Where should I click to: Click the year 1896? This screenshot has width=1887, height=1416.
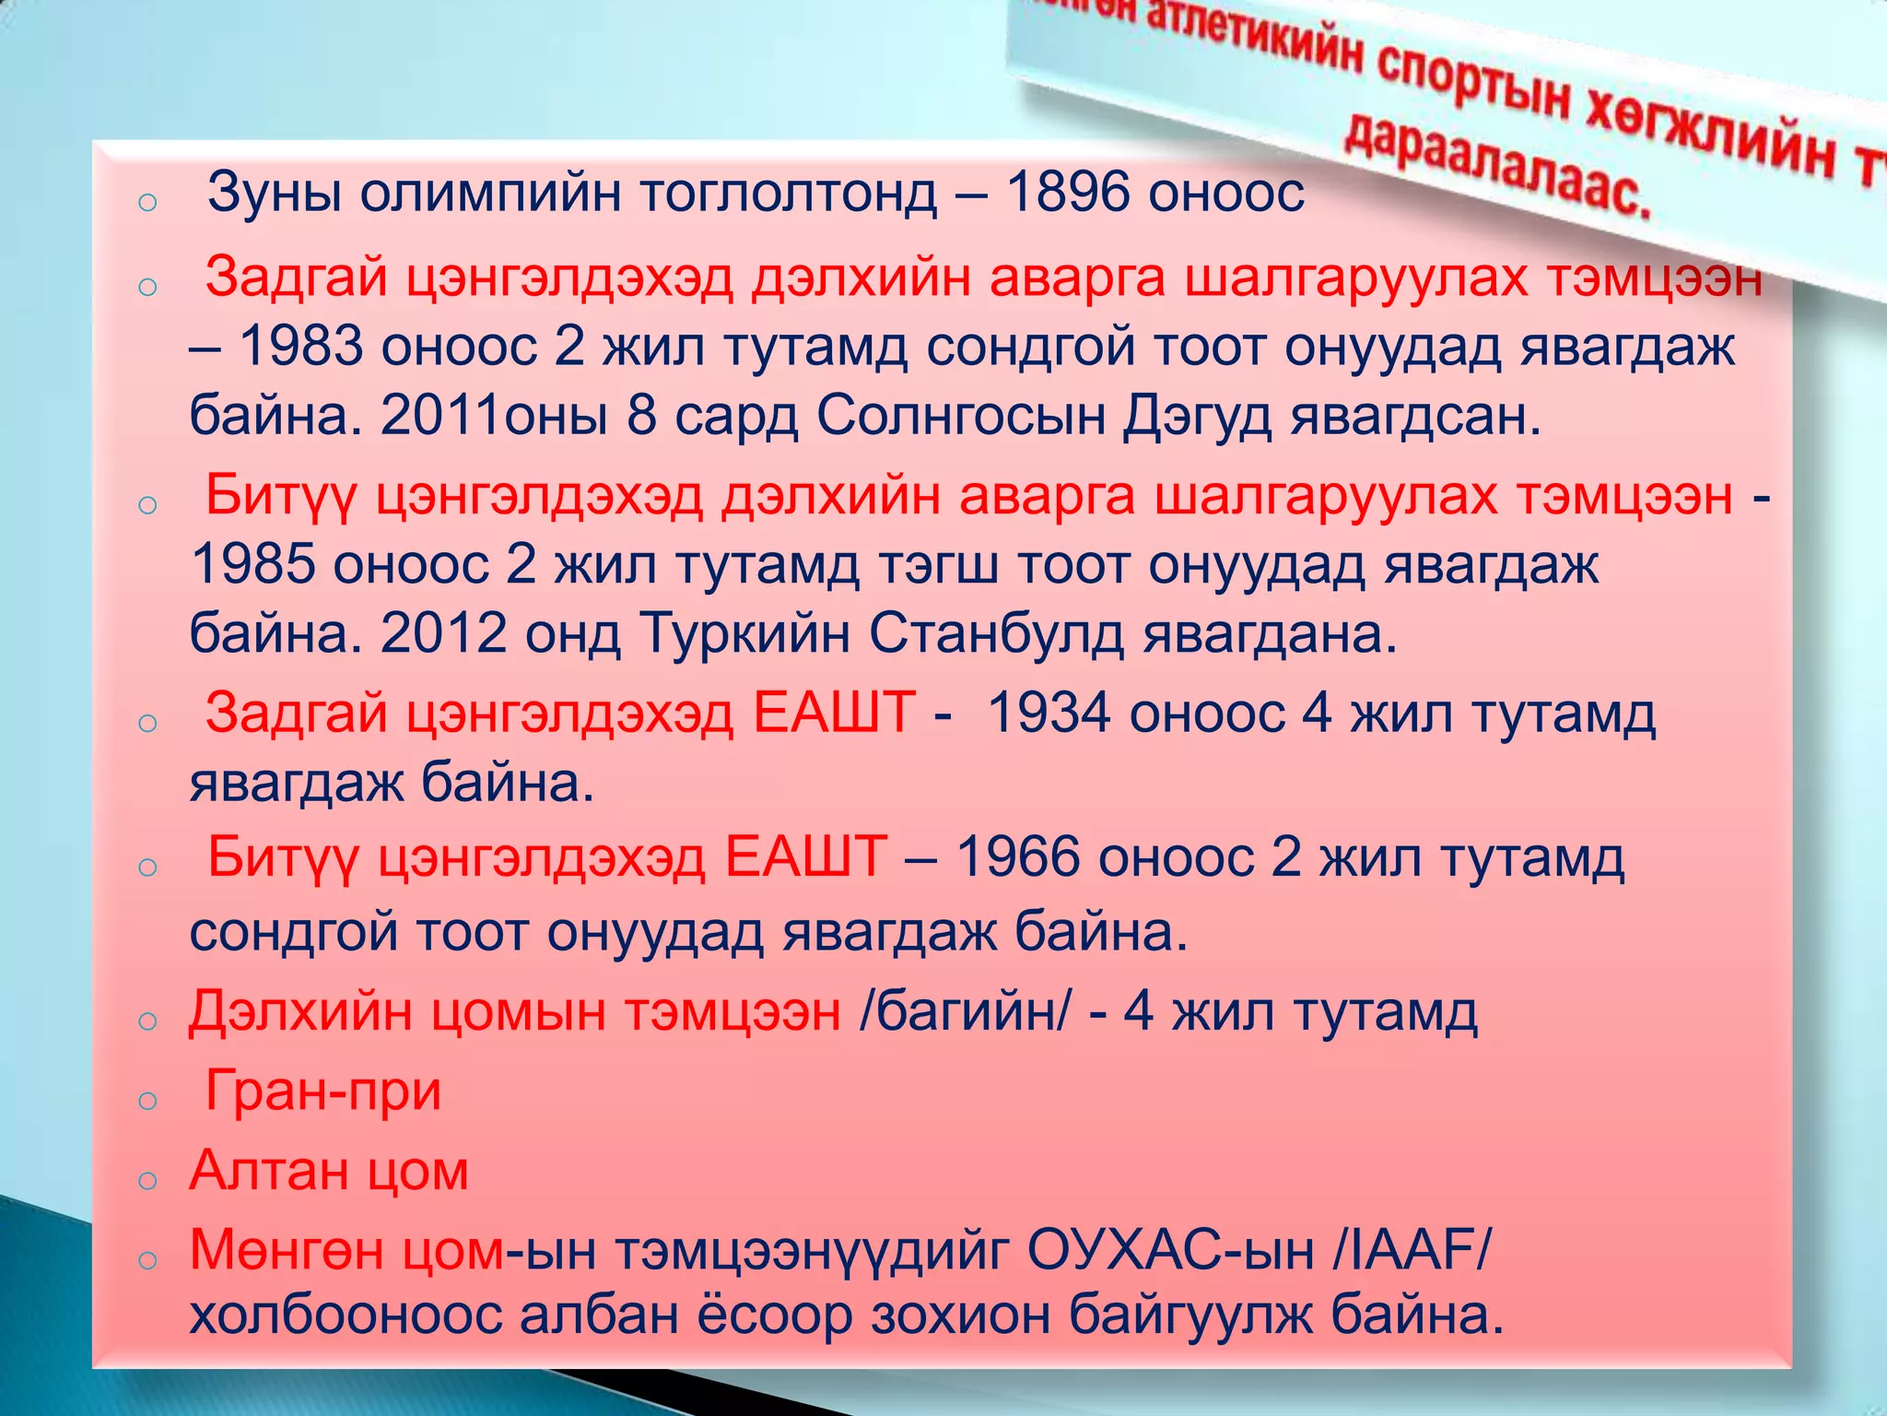[1065, 194]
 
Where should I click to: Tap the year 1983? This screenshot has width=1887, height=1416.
[300, 347]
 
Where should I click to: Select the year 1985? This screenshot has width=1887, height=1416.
[252, 564]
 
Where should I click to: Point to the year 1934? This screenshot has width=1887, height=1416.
[1048, 714]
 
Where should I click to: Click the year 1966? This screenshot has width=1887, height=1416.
[1018, 857]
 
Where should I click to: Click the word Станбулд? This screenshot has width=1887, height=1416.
[996, 634]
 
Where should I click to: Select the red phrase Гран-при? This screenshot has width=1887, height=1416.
[322, 1091]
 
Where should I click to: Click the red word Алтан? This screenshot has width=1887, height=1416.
[267, 1171]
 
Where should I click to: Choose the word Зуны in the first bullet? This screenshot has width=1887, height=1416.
[275, 194]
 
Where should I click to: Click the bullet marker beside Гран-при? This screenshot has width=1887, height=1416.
[147, 1100]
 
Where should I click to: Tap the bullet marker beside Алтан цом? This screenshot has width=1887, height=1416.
[147, 1179]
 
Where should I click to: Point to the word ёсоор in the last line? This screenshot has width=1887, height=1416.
[775, 1315]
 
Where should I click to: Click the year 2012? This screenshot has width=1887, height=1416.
[443, 634]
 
